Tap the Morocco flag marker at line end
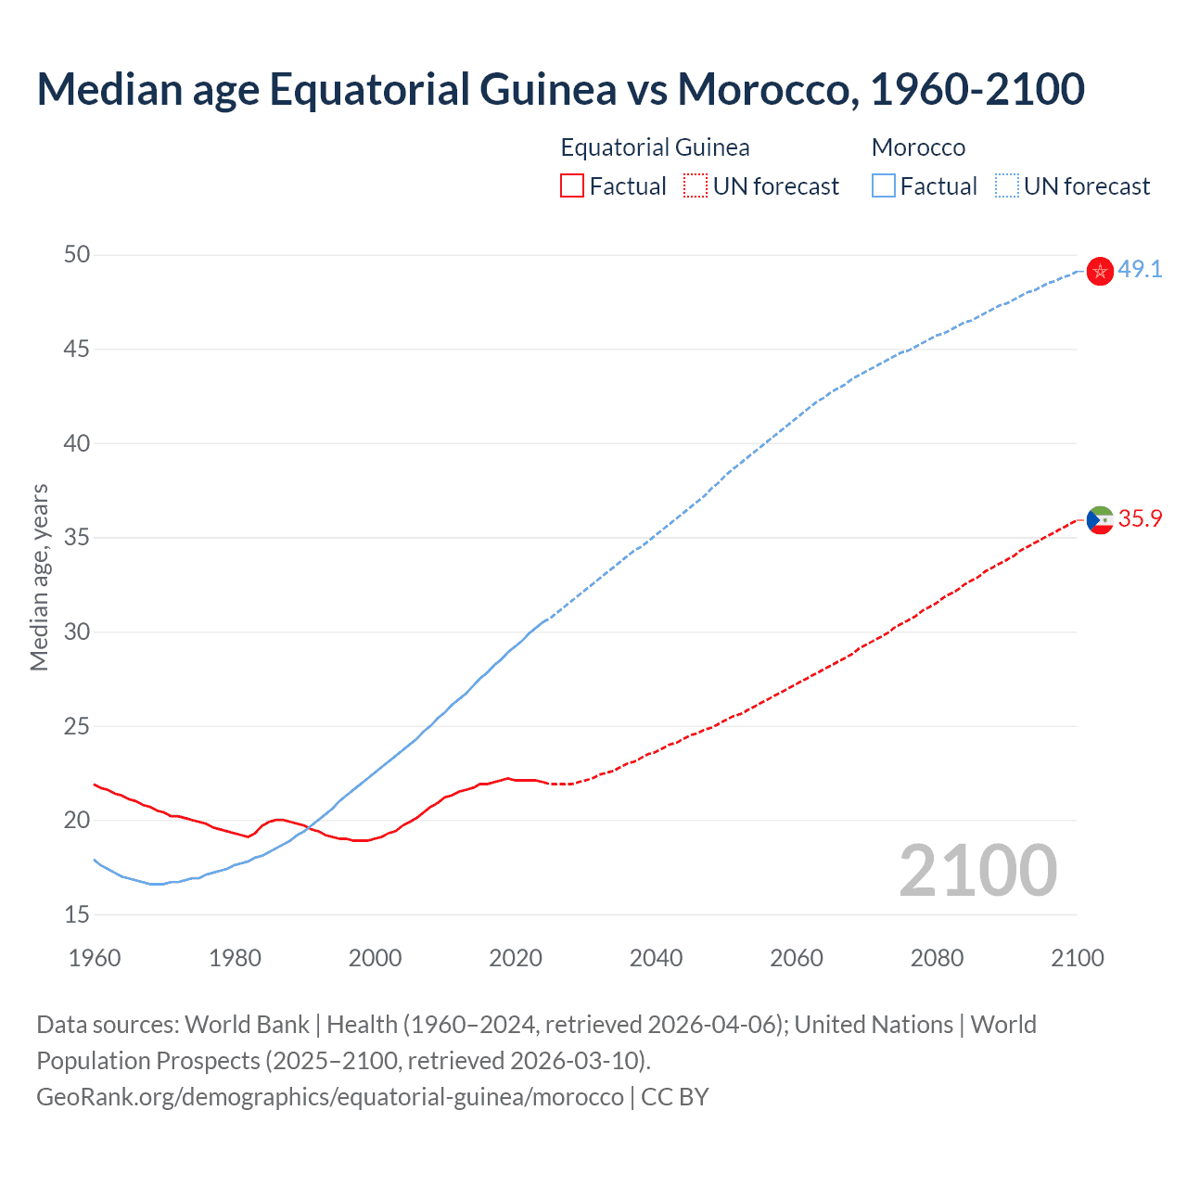[1100, 271]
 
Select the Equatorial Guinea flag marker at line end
[1100, 520]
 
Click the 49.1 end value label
[1140, 270]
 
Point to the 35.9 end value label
[1140, 519]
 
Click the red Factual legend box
[572, 186]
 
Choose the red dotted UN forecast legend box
[696, 186]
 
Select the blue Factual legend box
[883, 186]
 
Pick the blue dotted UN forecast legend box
[1006, 186]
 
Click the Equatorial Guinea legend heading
[655, 147]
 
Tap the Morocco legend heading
[918, 147]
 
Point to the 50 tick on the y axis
[77, 255]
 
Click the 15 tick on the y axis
[77, 914]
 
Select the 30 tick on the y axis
[77, 632]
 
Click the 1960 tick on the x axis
[95, 958]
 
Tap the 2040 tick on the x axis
[656, 958]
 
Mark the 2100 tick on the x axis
[1077, 958]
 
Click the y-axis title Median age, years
[39, 577]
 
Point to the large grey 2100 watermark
[977, 870]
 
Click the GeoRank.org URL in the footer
[329, 1097]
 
